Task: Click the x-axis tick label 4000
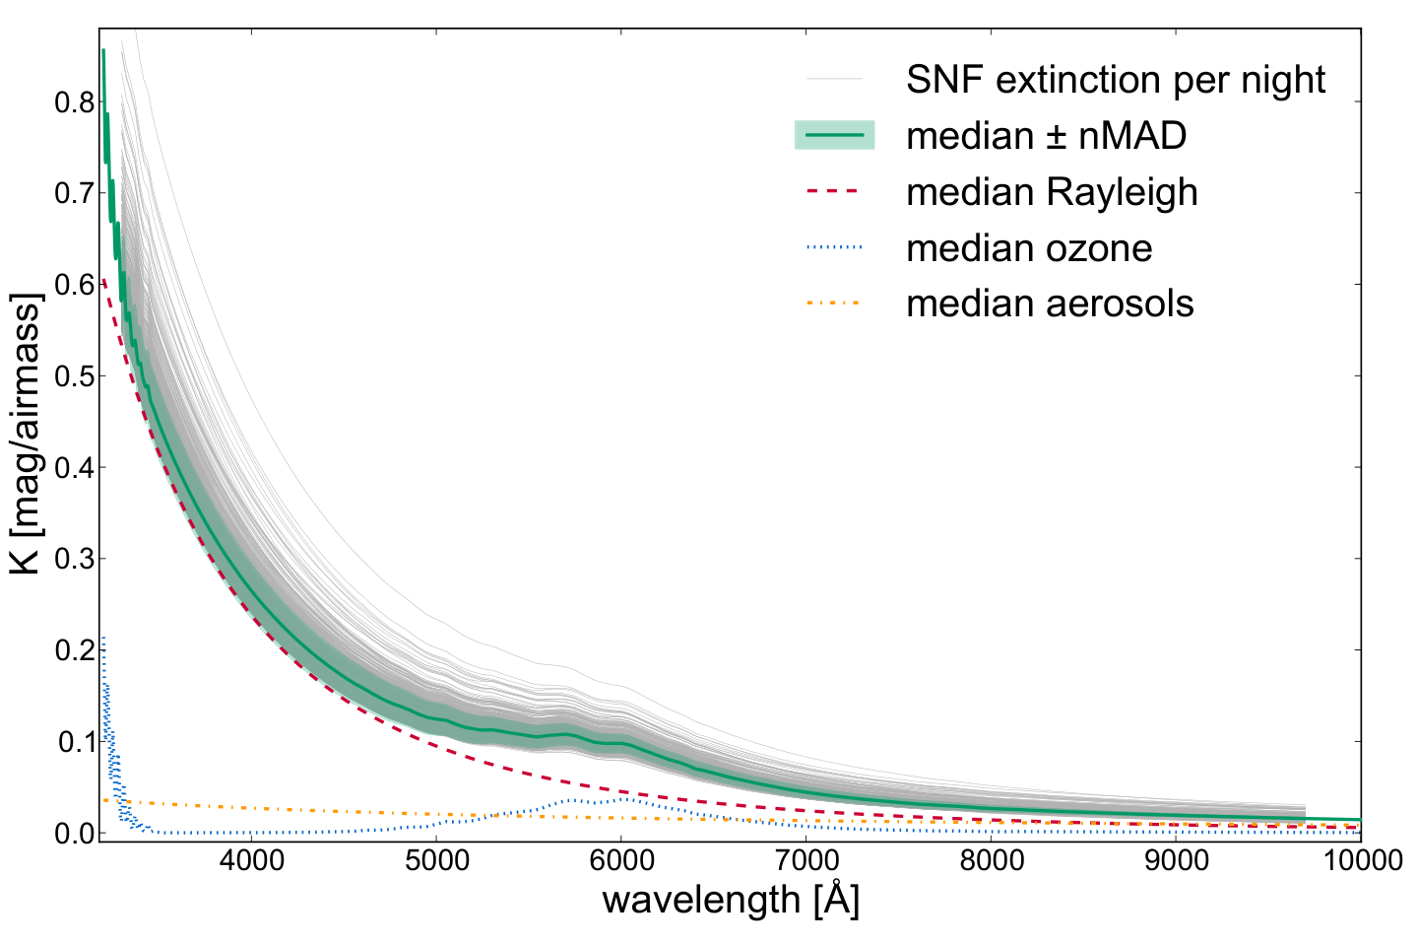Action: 251,861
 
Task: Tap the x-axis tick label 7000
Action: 806,861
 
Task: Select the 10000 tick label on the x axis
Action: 1362,861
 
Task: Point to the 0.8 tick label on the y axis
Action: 75,102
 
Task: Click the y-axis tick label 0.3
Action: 75,559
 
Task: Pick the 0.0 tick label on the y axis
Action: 75,834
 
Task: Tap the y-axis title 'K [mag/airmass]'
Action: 26,434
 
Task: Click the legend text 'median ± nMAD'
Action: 1047,136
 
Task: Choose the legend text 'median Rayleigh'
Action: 1052,192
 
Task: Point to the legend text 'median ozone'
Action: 1029,247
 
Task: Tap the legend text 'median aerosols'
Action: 1050,304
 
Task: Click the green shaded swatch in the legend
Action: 834,135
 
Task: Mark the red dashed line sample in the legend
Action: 834,191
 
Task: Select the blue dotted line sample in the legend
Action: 834,246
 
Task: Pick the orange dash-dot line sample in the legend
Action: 834,303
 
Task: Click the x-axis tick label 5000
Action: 436,861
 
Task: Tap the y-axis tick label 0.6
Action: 75,285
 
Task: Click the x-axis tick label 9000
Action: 1176,861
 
